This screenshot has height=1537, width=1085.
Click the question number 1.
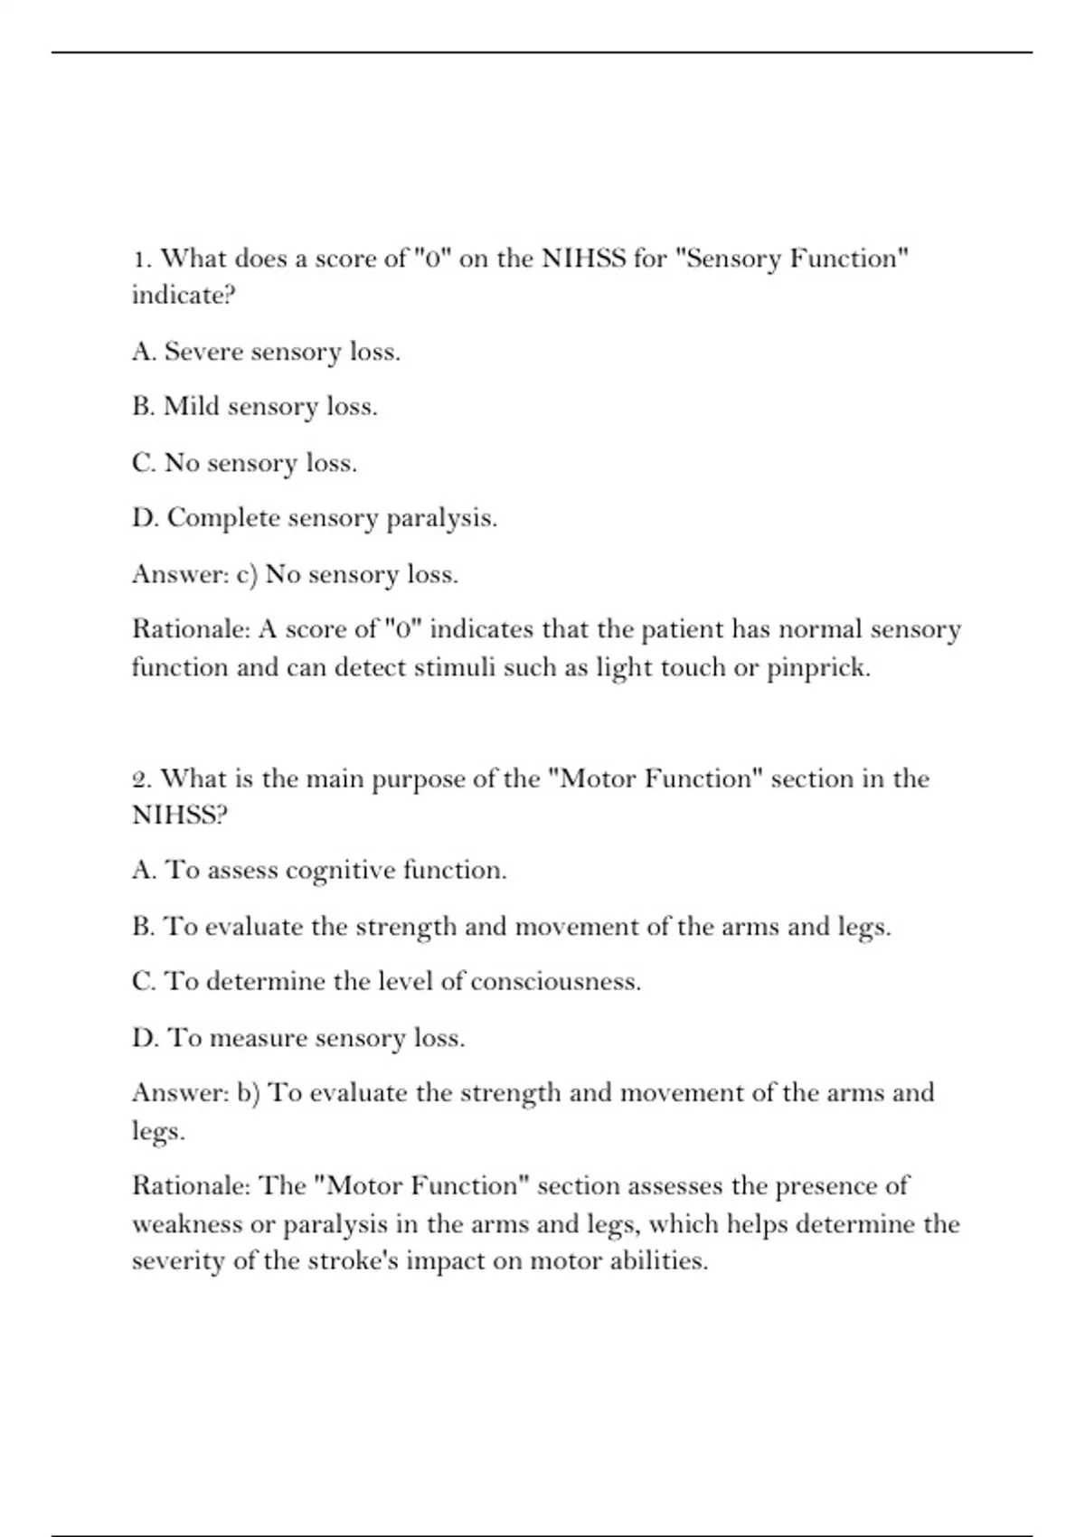(x=141, y=259)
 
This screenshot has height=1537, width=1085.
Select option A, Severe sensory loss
(x=266, y=352)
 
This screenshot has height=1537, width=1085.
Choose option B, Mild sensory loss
(x=254, y=407)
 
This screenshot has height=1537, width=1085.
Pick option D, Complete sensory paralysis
(x=314, y=518)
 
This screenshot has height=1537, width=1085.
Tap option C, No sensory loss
(x=244, y=463)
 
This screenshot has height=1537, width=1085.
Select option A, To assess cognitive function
(x=319, y=871)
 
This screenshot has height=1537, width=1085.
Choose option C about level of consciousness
(x=386, y=982)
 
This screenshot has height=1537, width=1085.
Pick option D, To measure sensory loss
(x=298, y=1038)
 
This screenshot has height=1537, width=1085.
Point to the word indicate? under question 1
(x=184, y=296)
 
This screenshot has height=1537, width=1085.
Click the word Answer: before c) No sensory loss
(x=181, y=574)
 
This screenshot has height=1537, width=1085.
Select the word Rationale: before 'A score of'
(x=191, y=629)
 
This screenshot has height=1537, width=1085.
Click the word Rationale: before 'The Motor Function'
(x=191, y=1185)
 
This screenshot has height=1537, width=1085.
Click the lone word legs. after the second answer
(x=158, y=1132)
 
